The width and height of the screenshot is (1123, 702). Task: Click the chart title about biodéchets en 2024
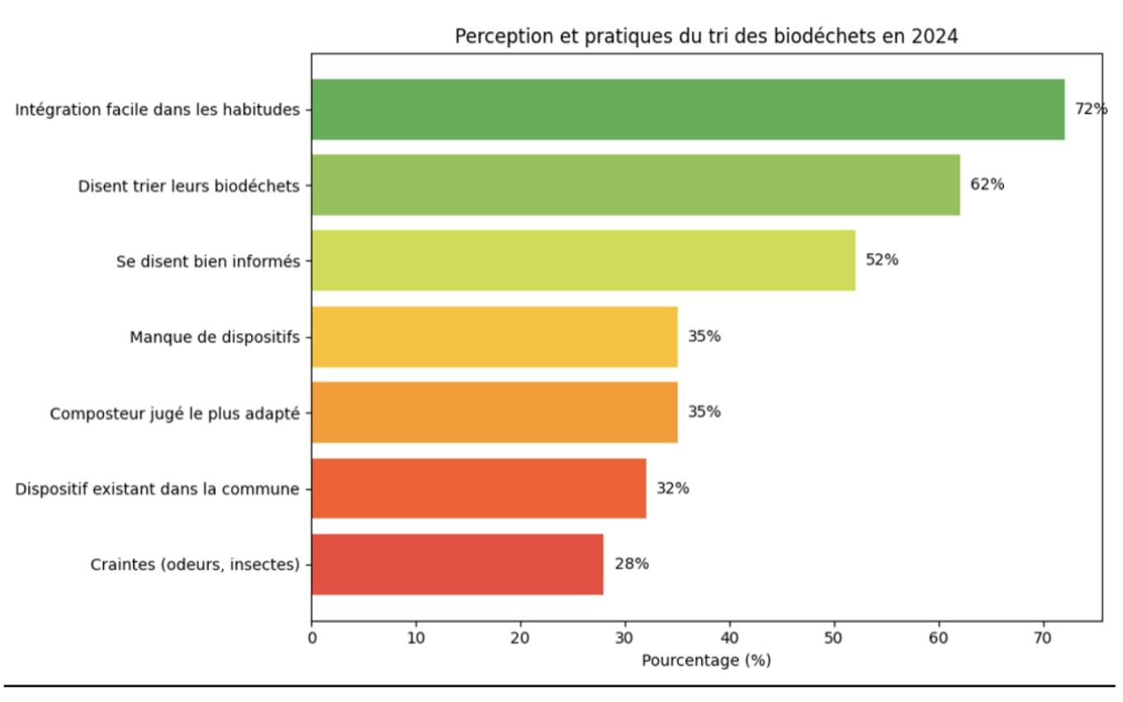pyautogui.click(x=706, y=37)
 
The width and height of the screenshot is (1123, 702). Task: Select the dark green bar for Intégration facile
pyautogui.click(x=688, y=109)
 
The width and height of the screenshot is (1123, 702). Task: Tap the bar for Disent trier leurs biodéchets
pyautogui.click(x=635, y=185)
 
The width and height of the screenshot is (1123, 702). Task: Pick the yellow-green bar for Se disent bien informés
pyautogui.click(x=583, y=260)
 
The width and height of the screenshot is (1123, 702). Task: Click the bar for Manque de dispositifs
pyautogui.click(x=494, y=336)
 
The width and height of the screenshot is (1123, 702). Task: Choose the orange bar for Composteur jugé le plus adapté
pyautogui.click(x=494, y=412)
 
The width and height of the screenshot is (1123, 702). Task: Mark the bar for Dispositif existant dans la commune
pyautogui.click(x=478, y=488)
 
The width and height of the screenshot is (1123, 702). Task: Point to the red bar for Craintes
pyautogui.click(x=457, y=564)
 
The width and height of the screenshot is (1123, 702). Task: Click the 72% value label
pyautogui.click(x=1091, y=109)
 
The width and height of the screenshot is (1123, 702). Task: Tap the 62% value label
pyautogui.click(x=987, y=185)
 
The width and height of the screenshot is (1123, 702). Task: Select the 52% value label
pyautogui.click(x=882, y=260)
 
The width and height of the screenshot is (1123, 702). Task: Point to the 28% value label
pyautogui.click(x=632, y=564)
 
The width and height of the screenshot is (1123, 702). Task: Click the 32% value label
pyautogui.click(x=673, y=488)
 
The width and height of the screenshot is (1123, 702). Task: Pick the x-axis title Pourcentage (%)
pyautogui.click(x=706, y=662)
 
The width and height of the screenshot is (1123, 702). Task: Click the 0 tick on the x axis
pyautogui.click(x=312, y=638)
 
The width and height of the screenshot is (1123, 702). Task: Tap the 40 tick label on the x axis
pyautogui.click(x=730, y=638)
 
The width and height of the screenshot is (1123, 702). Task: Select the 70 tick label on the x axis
pyautogui.click(x=1044, y=638)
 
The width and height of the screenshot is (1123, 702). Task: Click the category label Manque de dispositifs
pyautogui.click(x=215, y=337)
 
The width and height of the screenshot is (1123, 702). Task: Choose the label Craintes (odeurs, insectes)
pyautogui.click(x=194, y=565)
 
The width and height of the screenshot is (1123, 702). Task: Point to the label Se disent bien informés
pyautogui.click(x=208, y=261)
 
